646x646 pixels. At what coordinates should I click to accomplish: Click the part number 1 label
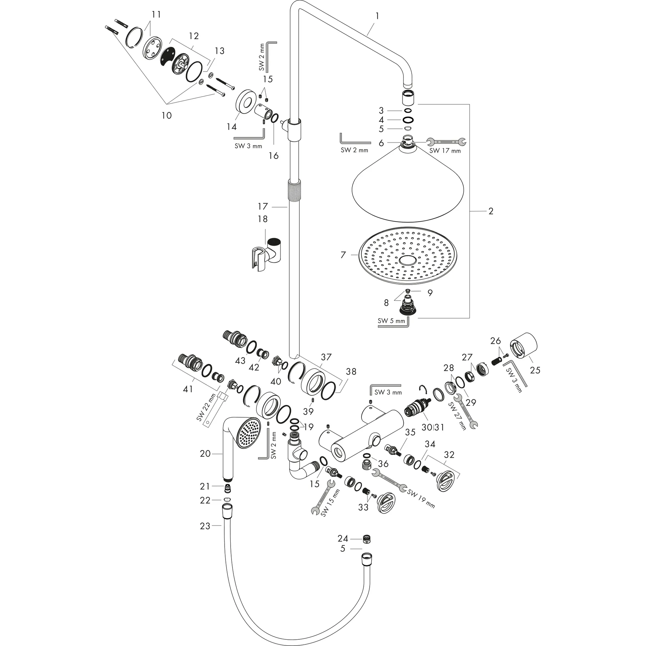[377, 16]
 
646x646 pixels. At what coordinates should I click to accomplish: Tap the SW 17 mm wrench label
[445, 151]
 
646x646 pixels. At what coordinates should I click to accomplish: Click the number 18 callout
[262, 219]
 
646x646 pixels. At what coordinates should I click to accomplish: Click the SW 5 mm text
[391, 321]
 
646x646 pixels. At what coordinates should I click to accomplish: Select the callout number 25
[535, 370]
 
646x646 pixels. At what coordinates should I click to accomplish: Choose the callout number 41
[188, 389]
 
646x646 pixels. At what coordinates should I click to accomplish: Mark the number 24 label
[343, 539]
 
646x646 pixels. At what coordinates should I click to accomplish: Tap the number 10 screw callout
[167, 115]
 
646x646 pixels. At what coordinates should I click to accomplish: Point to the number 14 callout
[232, 127]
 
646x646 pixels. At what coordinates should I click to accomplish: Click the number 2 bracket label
[490, 211]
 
